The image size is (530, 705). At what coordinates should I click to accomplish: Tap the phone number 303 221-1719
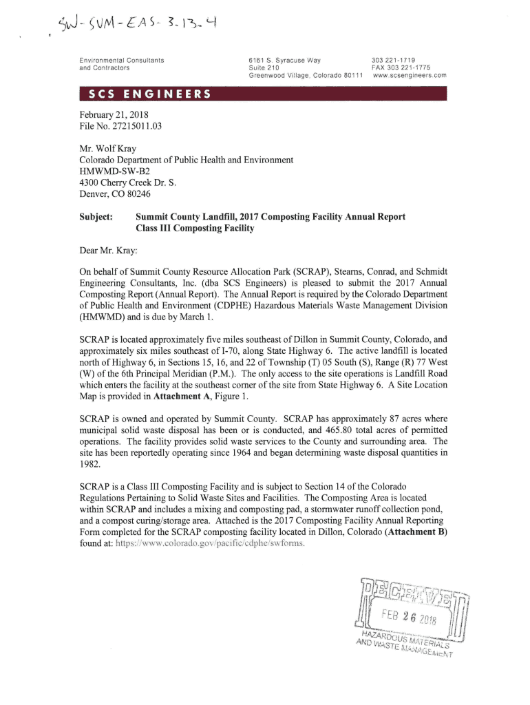(x=393, y=61)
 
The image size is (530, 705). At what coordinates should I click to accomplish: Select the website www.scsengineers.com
(x=410, y=75)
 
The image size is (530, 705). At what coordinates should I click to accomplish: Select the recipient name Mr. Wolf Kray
(x=109, y=148)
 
